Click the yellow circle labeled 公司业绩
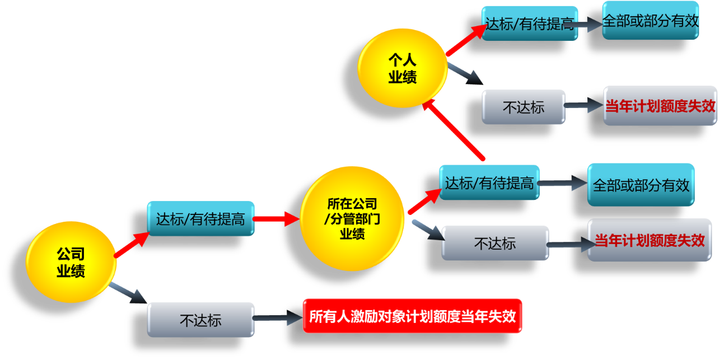71,263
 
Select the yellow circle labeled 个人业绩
402,68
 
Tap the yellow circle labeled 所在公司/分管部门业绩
352,218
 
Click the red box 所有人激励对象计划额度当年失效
412,317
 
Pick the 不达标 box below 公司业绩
200,320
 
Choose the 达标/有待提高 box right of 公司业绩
200,219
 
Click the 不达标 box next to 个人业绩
523,107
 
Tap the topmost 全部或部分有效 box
650,21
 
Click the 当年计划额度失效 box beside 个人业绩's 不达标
660,106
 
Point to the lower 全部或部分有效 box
641,185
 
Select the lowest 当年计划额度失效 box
649,240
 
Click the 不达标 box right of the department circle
494,243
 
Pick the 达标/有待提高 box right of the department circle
489,183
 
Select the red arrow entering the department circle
277,219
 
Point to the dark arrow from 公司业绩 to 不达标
128,292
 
